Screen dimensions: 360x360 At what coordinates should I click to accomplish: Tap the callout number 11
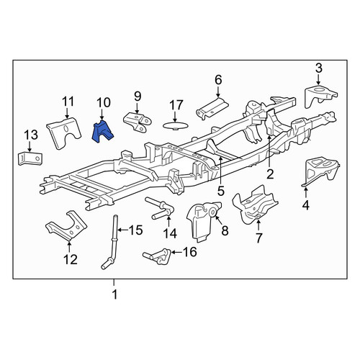[x=68, y=102]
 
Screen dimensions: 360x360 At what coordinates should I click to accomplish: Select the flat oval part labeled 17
[x=176, y=125]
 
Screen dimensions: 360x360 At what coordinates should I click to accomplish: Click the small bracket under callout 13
[x=30, y=158]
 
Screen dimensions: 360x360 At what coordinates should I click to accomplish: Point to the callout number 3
[x=319, y=68]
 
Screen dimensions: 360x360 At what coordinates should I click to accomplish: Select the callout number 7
[x=258, y=238]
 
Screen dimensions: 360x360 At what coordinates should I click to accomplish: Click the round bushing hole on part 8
[x=213, y=212]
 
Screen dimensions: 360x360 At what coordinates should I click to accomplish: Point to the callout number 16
[x=190, y=252]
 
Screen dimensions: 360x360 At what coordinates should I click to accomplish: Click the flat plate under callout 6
[x=212, y=108]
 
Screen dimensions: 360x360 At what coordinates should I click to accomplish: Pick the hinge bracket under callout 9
[x=138, y=122]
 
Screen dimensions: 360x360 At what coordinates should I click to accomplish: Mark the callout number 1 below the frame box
[x=115, y=294]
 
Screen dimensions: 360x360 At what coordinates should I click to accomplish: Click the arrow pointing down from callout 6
[x=218, y=92]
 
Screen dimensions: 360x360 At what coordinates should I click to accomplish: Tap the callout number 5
[x=221, y=192]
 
